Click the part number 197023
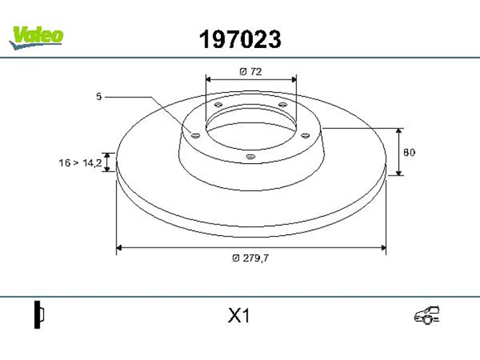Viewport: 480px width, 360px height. click(x=240, y=40)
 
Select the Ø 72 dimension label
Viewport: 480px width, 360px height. click(x=251, y=71)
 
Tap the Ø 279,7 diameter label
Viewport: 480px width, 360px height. click(x=250, y=259)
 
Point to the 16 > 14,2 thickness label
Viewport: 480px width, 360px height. click(x=80, y=163)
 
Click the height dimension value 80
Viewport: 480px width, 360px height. click(x=409, y=152)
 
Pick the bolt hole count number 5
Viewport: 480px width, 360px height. click(x=98, y=97)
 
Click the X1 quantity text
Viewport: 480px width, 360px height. click(x=239, y=316)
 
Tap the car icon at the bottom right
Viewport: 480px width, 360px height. click(x=427, y=314)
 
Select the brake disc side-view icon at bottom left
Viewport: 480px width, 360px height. click(x=39, y=314)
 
